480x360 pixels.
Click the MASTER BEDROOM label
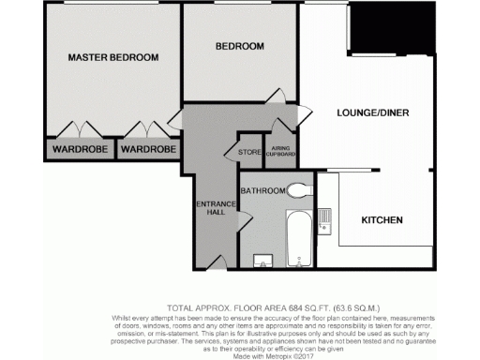point(113,58)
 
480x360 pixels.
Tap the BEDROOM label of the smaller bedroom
point(239,46)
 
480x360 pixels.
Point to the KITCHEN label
point(382,221)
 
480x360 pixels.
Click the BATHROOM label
point(262,191)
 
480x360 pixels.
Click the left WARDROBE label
point(79,149)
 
